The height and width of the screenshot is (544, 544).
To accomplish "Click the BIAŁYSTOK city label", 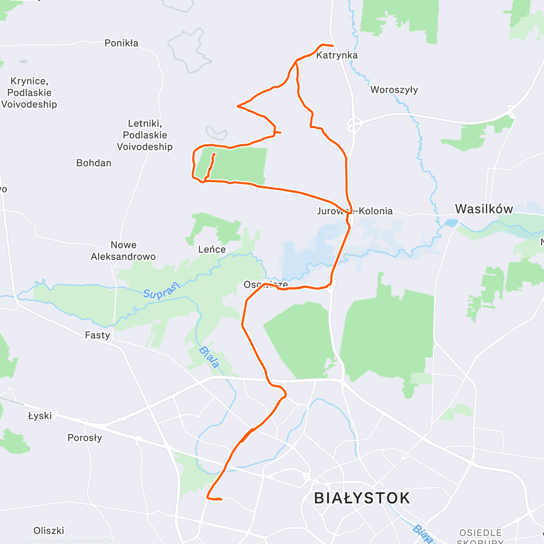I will click(362, 498).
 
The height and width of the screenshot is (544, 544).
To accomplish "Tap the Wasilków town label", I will click(484, 209).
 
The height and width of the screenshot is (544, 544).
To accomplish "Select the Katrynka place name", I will click(337, 55).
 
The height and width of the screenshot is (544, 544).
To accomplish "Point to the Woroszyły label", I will click(394, 90).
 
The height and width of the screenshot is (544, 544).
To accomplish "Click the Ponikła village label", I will click(121, 43).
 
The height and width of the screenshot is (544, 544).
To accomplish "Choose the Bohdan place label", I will click(94, 163).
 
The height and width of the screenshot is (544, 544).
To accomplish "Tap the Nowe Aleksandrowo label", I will click(123, 251).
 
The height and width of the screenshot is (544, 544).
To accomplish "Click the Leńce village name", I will click(212, 249).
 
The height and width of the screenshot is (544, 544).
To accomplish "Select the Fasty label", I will click(97, 335).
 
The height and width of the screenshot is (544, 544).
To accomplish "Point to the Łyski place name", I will click(40, 416).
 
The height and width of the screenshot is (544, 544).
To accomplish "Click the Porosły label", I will click(85, 438).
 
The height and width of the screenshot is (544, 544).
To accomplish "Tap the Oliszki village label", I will click(49, 530).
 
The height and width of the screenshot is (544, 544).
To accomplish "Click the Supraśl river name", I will click(162, 290).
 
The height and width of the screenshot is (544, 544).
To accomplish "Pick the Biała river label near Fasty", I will click(209, 357).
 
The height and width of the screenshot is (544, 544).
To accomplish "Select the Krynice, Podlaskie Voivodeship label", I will click(29, 92).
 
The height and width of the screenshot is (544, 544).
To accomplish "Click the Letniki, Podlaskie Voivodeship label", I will click(145, 135).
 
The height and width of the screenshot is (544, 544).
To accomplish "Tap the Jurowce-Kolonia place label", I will click(355, 211).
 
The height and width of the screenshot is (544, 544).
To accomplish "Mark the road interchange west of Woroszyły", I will click(354, 123).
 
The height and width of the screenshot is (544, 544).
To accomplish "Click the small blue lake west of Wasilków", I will click(452, 223).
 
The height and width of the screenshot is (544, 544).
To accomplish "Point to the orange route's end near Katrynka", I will click(332, 46).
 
